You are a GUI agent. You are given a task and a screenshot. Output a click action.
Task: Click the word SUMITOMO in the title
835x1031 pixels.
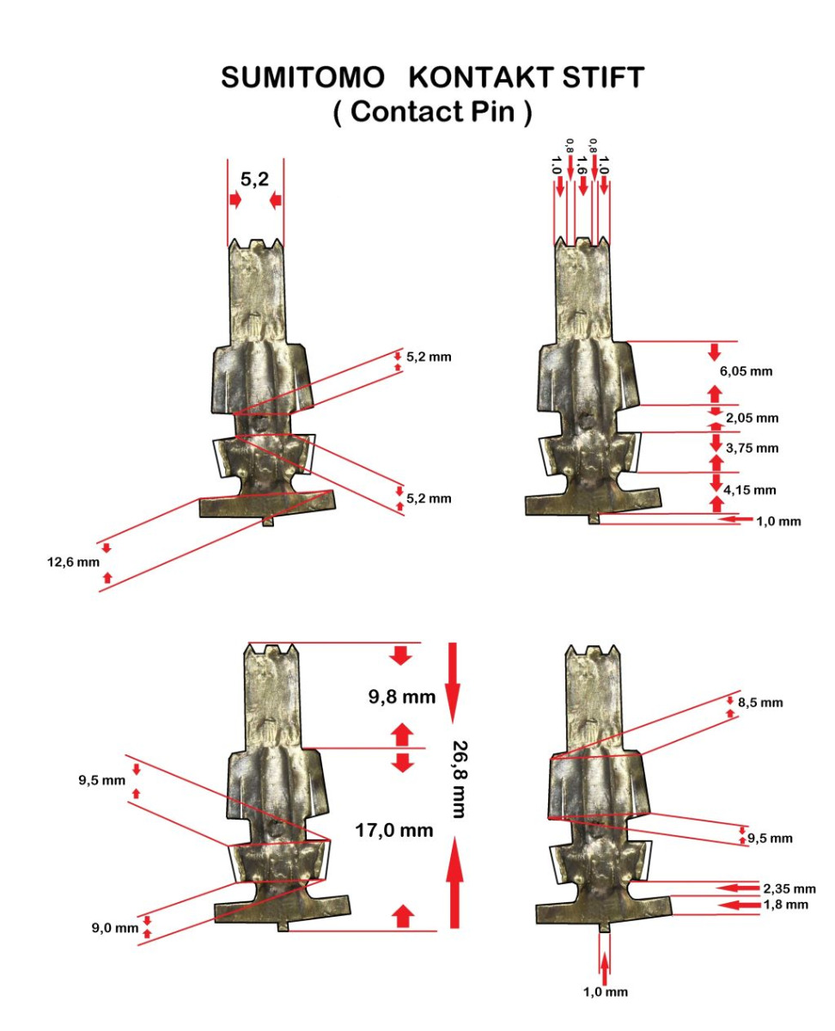pos(302,78)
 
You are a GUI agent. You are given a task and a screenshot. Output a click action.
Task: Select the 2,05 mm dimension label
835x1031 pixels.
pos(752,418)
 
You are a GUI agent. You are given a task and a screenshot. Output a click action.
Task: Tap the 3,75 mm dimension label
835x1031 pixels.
pos(752,448)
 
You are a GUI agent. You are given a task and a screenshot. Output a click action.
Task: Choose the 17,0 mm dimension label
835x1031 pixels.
pos(394,831)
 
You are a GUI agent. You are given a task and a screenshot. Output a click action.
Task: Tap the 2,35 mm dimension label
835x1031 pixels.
pos(789,888)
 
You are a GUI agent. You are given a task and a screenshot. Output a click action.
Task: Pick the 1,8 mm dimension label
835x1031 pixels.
pos(783,905)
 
